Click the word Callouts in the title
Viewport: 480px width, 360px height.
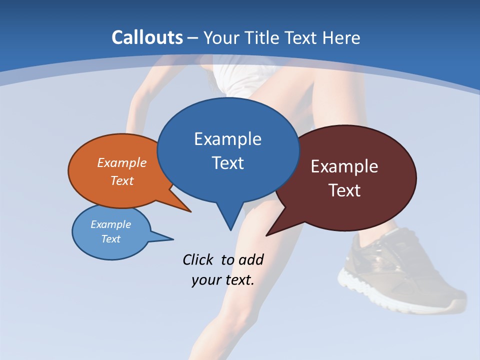click(147, 37)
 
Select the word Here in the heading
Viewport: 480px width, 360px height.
click(341, 37)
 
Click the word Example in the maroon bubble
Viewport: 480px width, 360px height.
click(344, 166)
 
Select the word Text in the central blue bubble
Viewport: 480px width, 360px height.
click(228, 163)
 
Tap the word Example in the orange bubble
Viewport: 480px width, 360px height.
click(122, 162)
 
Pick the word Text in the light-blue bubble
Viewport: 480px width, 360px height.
click(111, 239)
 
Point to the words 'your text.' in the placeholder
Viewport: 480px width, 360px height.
click(223, 280)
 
